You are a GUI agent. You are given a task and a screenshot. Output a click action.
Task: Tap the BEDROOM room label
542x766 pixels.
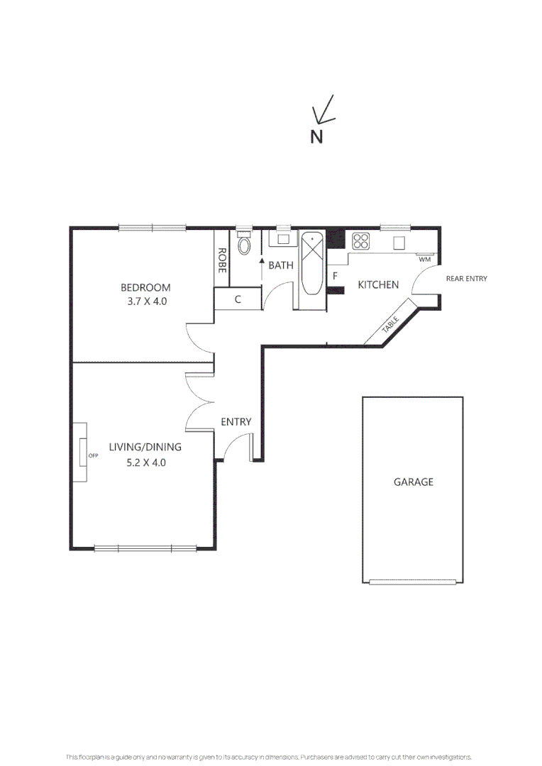[x=145, y=287]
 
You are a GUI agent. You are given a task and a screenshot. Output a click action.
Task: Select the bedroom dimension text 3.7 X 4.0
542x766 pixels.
[x=145, y=301]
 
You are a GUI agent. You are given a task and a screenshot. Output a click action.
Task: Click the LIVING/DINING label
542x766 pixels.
[x=145, y=447]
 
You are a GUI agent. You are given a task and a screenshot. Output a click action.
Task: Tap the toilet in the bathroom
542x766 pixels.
[x=244, y=245]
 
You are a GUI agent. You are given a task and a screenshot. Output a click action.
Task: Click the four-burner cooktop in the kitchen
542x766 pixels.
[x=361, y=241]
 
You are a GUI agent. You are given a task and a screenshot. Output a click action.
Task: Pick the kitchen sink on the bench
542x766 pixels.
[x=400, y=243]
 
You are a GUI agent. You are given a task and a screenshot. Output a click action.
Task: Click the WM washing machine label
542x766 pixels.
[x=424, y=260]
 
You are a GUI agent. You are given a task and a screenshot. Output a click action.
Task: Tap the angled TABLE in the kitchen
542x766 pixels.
[x=391, y=323]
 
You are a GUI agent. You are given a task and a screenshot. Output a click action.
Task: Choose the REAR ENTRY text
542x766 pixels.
[x=466, y=279]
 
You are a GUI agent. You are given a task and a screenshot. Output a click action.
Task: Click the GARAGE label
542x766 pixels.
[x=413, y=482]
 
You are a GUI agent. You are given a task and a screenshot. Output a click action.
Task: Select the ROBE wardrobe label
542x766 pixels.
[x=222, y=260]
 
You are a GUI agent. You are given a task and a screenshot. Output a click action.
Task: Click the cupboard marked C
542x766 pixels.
[x=238, y=299]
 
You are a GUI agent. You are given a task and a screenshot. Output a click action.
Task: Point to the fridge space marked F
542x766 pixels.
[x=335, y=275]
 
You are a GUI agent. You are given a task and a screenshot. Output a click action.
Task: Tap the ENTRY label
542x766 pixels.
[x=236, y=422]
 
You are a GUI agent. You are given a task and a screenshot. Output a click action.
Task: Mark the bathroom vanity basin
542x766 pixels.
[x=282, y=238]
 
